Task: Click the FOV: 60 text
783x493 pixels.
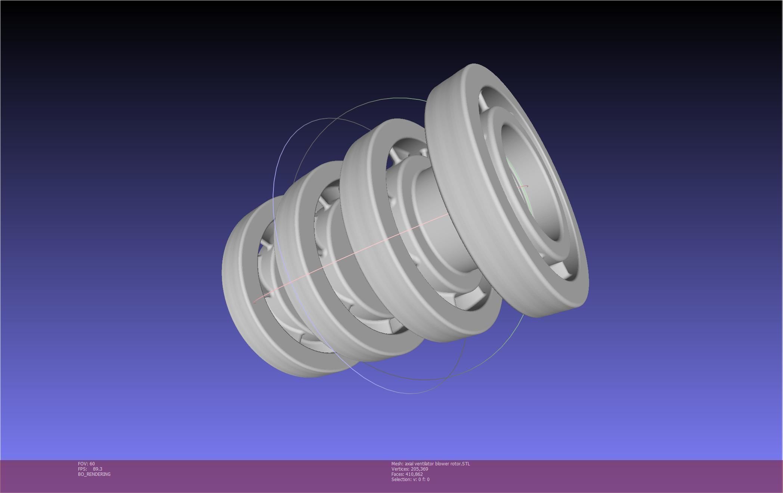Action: click(x=86, y=463)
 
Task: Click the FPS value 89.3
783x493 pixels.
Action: click(x=97, y=469)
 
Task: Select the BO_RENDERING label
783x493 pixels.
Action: click(x=94, y=474)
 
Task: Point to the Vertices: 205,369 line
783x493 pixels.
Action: click(x=409, y=469)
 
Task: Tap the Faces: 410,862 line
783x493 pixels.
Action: click(x=407, y=474)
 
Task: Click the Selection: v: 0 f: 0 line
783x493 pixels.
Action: click(x=410, y=479)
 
